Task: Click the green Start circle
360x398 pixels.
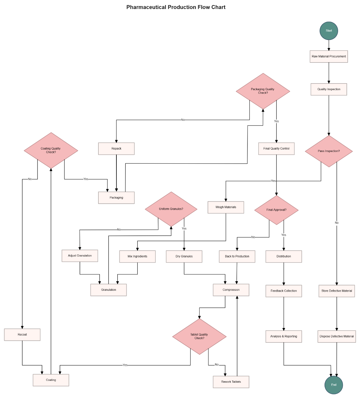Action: tap(329, 31)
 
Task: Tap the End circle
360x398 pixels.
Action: tap(334, 385)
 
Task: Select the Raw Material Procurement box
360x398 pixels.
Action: tap(329, 56)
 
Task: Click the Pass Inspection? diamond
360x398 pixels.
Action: tap(329, 151)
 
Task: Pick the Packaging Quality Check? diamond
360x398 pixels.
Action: tap(263, 91)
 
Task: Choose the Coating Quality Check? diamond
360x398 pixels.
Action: tap(51, 150)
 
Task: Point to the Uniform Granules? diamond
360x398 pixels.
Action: tap(171, 209)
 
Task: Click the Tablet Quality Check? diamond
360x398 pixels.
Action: tap(199, 336)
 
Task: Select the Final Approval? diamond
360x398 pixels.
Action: tap(276, 210)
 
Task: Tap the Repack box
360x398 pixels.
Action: tap(116, 149)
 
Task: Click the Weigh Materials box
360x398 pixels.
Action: tap(226, 207)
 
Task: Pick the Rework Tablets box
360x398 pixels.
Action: tap(231, 382)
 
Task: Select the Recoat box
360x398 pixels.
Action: tap(22, 335)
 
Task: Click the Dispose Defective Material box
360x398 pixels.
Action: tap(337, 336)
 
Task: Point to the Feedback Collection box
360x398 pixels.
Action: tap(283, 291)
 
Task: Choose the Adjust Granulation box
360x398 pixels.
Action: tap(80, 256)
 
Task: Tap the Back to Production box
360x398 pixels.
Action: tap(237, 257)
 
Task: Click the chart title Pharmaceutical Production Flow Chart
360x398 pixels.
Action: tap(176, 7)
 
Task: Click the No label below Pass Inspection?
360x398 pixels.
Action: tap(337, 223)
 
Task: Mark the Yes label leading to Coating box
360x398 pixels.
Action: tap(125, 365)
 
